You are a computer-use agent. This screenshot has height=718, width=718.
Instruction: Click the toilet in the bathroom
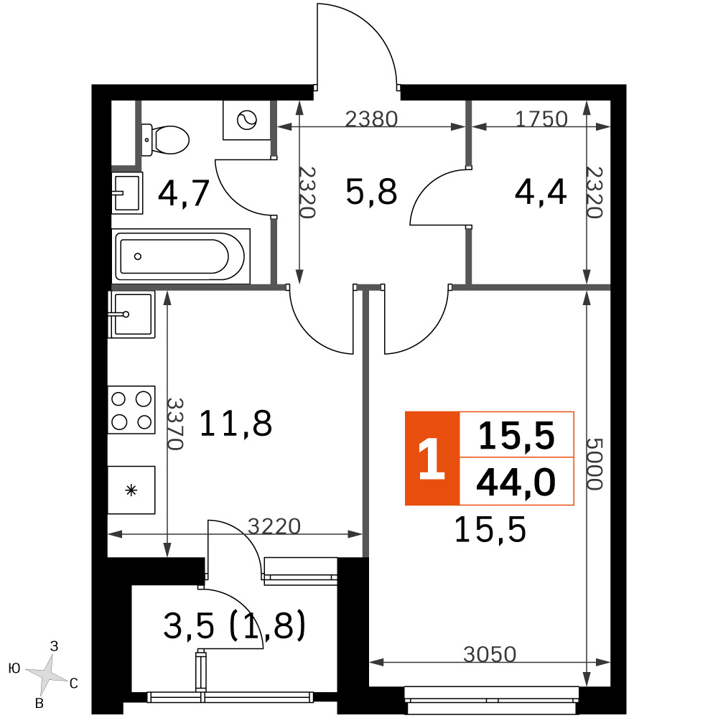click(165, 140)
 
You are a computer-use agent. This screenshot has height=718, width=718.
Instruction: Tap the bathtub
click(181, 256)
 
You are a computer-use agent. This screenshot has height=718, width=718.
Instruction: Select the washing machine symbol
click(247, 121)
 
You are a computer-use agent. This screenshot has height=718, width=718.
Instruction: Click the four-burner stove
click(131, 410)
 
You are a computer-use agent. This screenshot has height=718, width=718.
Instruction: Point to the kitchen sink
click(131, 314)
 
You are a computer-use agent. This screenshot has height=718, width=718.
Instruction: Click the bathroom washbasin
click(127, 192)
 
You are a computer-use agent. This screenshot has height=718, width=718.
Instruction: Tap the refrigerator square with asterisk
click(131, 490)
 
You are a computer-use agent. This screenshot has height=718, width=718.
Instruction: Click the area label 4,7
click(184, 193)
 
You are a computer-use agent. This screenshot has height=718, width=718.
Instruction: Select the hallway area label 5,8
click(371, 192)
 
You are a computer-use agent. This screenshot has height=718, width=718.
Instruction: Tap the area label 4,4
click(541, 192)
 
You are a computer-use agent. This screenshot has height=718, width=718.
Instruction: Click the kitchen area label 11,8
click(236, 424)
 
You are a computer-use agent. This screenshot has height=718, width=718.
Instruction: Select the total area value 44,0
click(516, 482)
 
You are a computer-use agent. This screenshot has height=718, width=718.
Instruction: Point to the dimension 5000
click(595, 465)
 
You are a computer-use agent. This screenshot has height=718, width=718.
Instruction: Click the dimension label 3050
click(490, 654)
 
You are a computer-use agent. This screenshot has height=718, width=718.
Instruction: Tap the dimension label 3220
click(274, 526)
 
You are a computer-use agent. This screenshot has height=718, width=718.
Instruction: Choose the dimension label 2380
click(371, 119)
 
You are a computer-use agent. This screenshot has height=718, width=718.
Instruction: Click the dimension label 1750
click(541, 119)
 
